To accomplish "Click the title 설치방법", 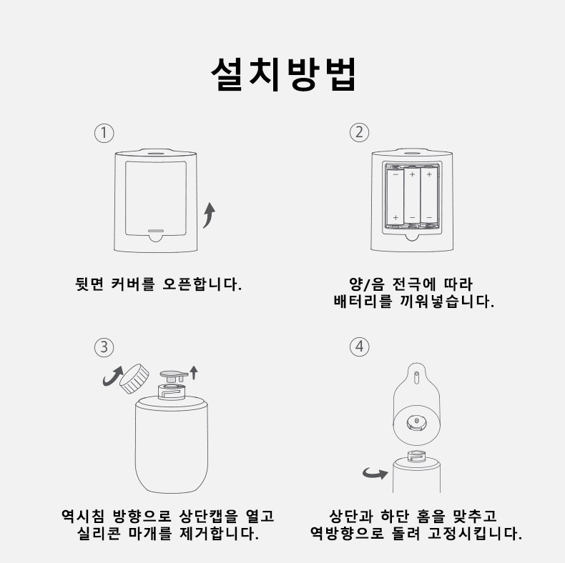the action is (x=283, y=74).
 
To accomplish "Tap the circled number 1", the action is (x=104, y=133).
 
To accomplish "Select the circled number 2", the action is (x=359, y=132).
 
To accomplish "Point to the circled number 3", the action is (x=104, y=347).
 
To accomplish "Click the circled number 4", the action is (x=359, y=347).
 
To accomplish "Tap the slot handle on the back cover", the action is (x=156, y=231).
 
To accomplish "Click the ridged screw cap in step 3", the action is (x=134, y=379).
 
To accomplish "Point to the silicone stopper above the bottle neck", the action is (x=174, y=377).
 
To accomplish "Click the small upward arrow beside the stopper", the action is (x=194, y=372).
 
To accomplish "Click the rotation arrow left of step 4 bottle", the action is (x=375, y=473).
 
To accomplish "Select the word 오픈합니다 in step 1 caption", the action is (x=202, y=284).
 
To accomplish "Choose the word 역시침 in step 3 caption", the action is (x=83, y=516).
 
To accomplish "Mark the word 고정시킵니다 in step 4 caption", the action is (x=475, y=533).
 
